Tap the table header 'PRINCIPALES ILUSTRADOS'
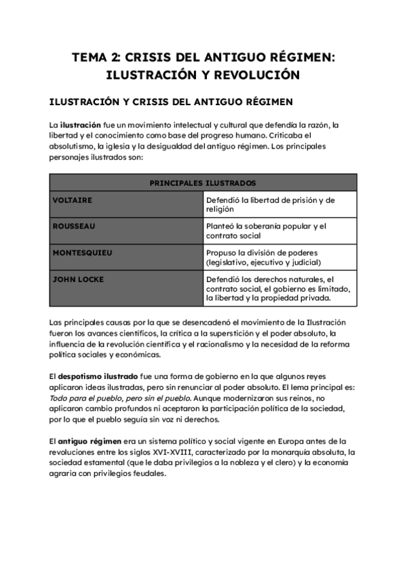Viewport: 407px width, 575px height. (203, 183)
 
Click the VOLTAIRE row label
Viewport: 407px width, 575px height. (73, 201)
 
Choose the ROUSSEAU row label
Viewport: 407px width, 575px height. (74, 226)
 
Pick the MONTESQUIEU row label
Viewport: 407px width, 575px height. (83, 253)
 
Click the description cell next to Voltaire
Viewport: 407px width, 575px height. (279, 205)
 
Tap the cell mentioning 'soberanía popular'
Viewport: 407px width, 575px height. (279, 231)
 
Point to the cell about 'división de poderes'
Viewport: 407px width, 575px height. (279, 258)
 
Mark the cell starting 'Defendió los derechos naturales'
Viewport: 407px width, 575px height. (279, 288)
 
